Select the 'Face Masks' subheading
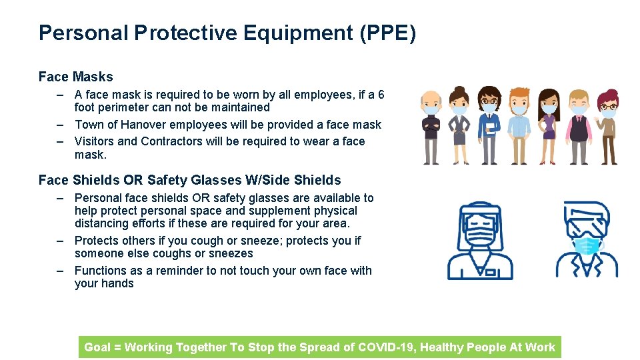[x=75, y=77]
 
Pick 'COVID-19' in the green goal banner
[x=387, y=347]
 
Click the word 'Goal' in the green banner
[x=97, y=347]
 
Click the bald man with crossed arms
[x=431, y=127]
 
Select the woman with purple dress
[x=548, y=127]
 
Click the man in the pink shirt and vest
[x=578, y=127]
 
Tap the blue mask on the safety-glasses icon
[x=587, y=245]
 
